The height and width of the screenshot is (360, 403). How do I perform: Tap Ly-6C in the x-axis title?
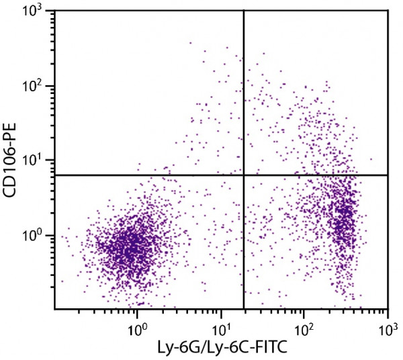pos(213,347)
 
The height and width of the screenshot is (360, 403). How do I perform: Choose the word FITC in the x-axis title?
pos(255,347)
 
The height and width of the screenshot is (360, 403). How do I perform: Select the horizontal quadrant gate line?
pos(134,175)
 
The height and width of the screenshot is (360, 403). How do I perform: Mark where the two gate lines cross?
pos(243,175)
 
